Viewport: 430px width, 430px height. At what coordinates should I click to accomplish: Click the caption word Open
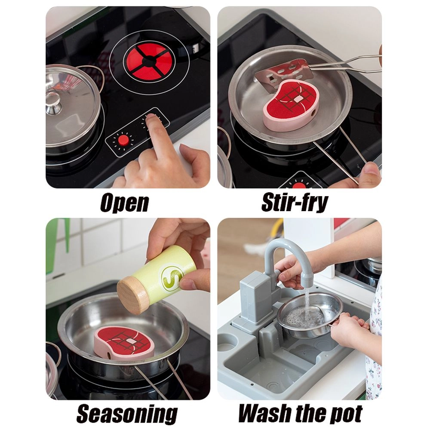[125, 203]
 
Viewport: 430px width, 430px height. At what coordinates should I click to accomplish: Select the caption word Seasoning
[127, 414]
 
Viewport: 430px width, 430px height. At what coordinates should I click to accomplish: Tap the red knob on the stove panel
[123, 140]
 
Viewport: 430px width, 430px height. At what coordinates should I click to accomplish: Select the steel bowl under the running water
[310, 315]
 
